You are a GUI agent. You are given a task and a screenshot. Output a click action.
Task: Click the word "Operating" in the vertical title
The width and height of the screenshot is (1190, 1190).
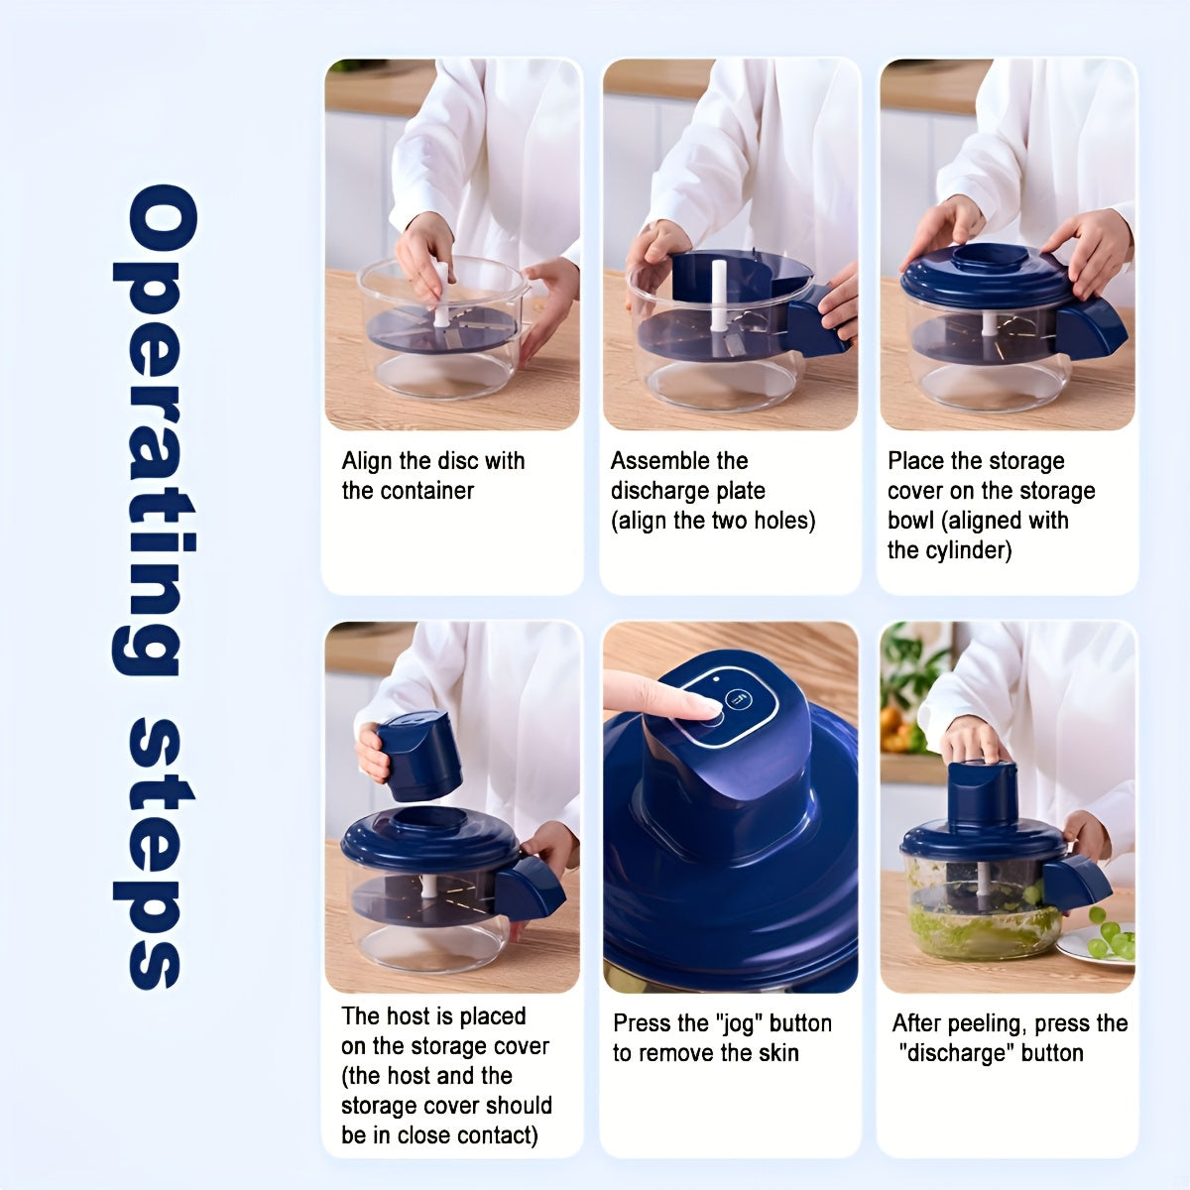click(155, 429)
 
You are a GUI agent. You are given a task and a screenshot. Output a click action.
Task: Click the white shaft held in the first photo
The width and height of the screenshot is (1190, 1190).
click(441, 293)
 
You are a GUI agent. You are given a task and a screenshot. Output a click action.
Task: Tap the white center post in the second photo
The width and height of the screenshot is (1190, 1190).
click(719, 296)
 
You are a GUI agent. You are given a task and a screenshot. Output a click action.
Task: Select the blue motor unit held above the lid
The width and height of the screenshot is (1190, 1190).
click(418, 757)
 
